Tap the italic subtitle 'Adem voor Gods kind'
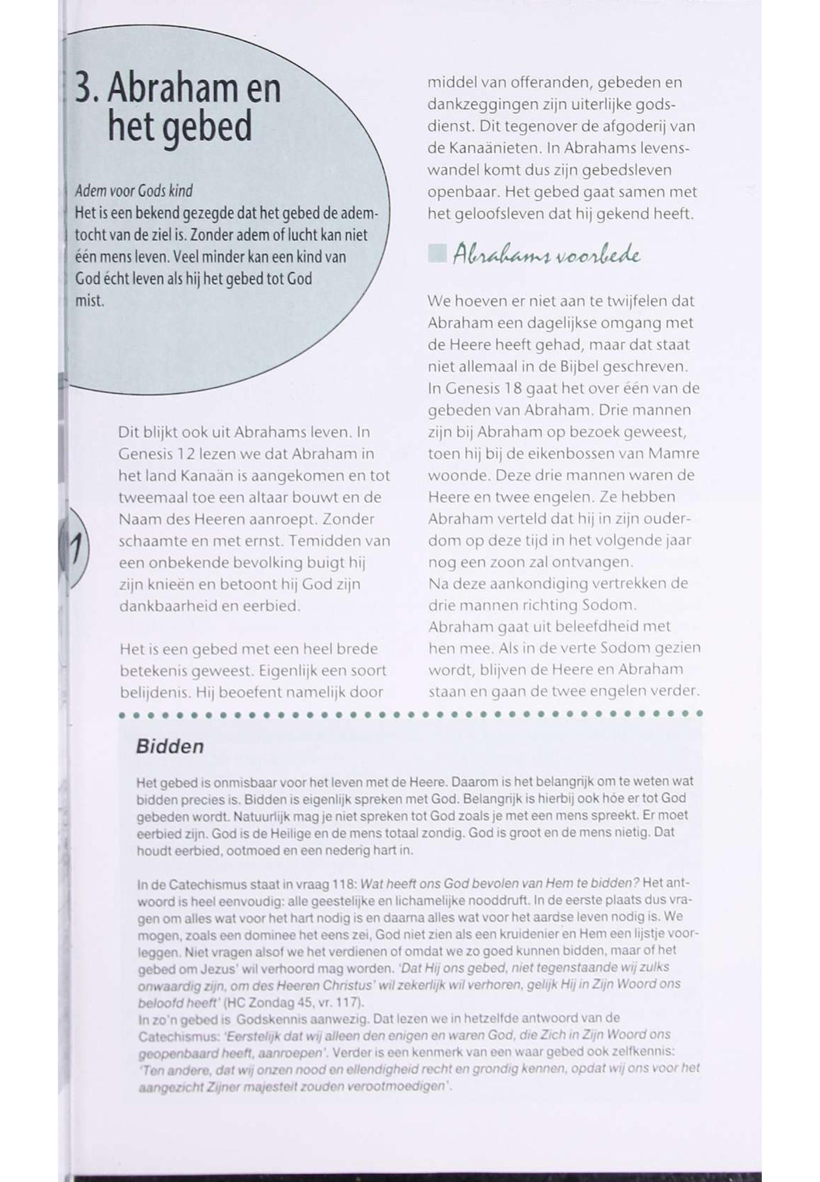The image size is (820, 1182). [x=134, y=191]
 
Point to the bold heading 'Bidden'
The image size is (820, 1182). [x=169, y=747]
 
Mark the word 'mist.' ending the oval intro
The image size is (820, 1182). [x=90, y=301]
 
